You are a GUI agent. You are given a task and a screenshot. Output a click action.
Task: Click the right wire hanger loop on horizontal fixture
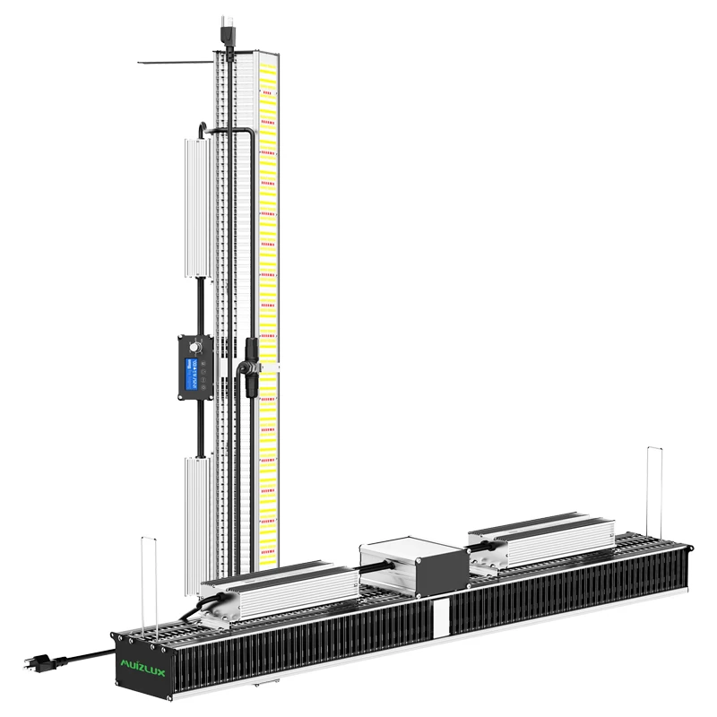tap(654, 493)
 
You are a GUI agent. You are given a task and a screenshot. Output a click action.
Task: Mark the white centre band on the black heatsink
tap(440, 618)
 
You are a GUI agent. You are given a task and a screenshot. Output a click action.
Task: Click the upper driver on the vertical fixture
tap(196, 207)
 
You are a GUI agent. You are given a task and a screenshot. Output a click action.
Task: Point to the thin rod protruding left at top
tap(175, 63)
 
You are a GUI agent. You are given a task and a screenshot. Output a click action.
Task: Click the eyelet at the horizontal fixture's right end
tap(688, 548)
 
